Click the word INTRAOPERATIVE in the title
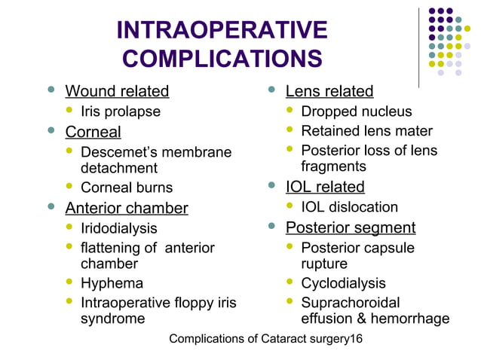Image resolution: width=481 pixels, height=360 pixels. click(222, 30)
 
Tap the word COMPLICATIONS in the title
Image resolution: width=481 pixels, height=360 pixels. click(222, 59)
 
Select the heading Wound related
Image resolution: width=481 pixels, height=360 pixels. click(117, 92)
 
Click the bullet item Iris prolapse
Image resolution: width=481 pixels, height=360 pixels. click(121, 112)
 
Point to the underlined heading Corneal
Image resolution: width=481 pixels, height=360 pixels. click(93, 133)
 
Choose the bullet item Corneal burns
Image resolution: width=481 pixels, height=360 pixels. click(127, 188)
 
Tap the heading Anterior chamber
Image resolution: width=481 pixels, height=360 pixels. click(127, 208)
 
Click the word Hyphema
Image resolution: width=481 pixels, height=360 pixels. click(112, 284)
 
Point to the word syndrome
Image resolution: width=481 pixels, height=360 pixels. click(113, 319)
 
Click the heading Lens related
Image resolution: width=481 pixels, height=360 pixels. click(329, 92)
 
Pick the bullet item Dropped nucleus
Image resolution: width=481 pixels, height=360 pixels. click(357, 112)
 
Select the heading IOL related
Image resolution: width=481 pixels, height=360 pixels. click(325, 187)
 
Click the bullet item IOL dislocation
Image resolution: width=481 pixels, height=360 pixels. click(349, 207)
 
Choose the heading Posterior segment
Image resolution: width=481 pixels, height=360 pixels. click(351, 227)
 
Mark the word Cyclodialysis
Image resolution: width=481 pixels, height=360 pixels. click(343, 284)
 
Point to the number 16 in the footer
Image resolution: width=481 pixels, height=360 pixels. click(355, 339)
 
